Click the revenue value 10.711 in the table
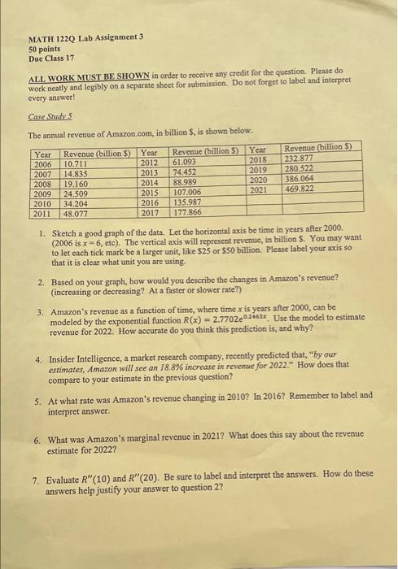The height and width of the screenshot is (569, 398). click(x=76, y=163)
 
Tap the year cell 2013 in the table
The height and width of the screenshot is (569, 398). click(x=149, y=173)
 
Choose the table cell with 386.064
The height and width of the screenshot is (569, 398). click(x=300, y=178)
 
